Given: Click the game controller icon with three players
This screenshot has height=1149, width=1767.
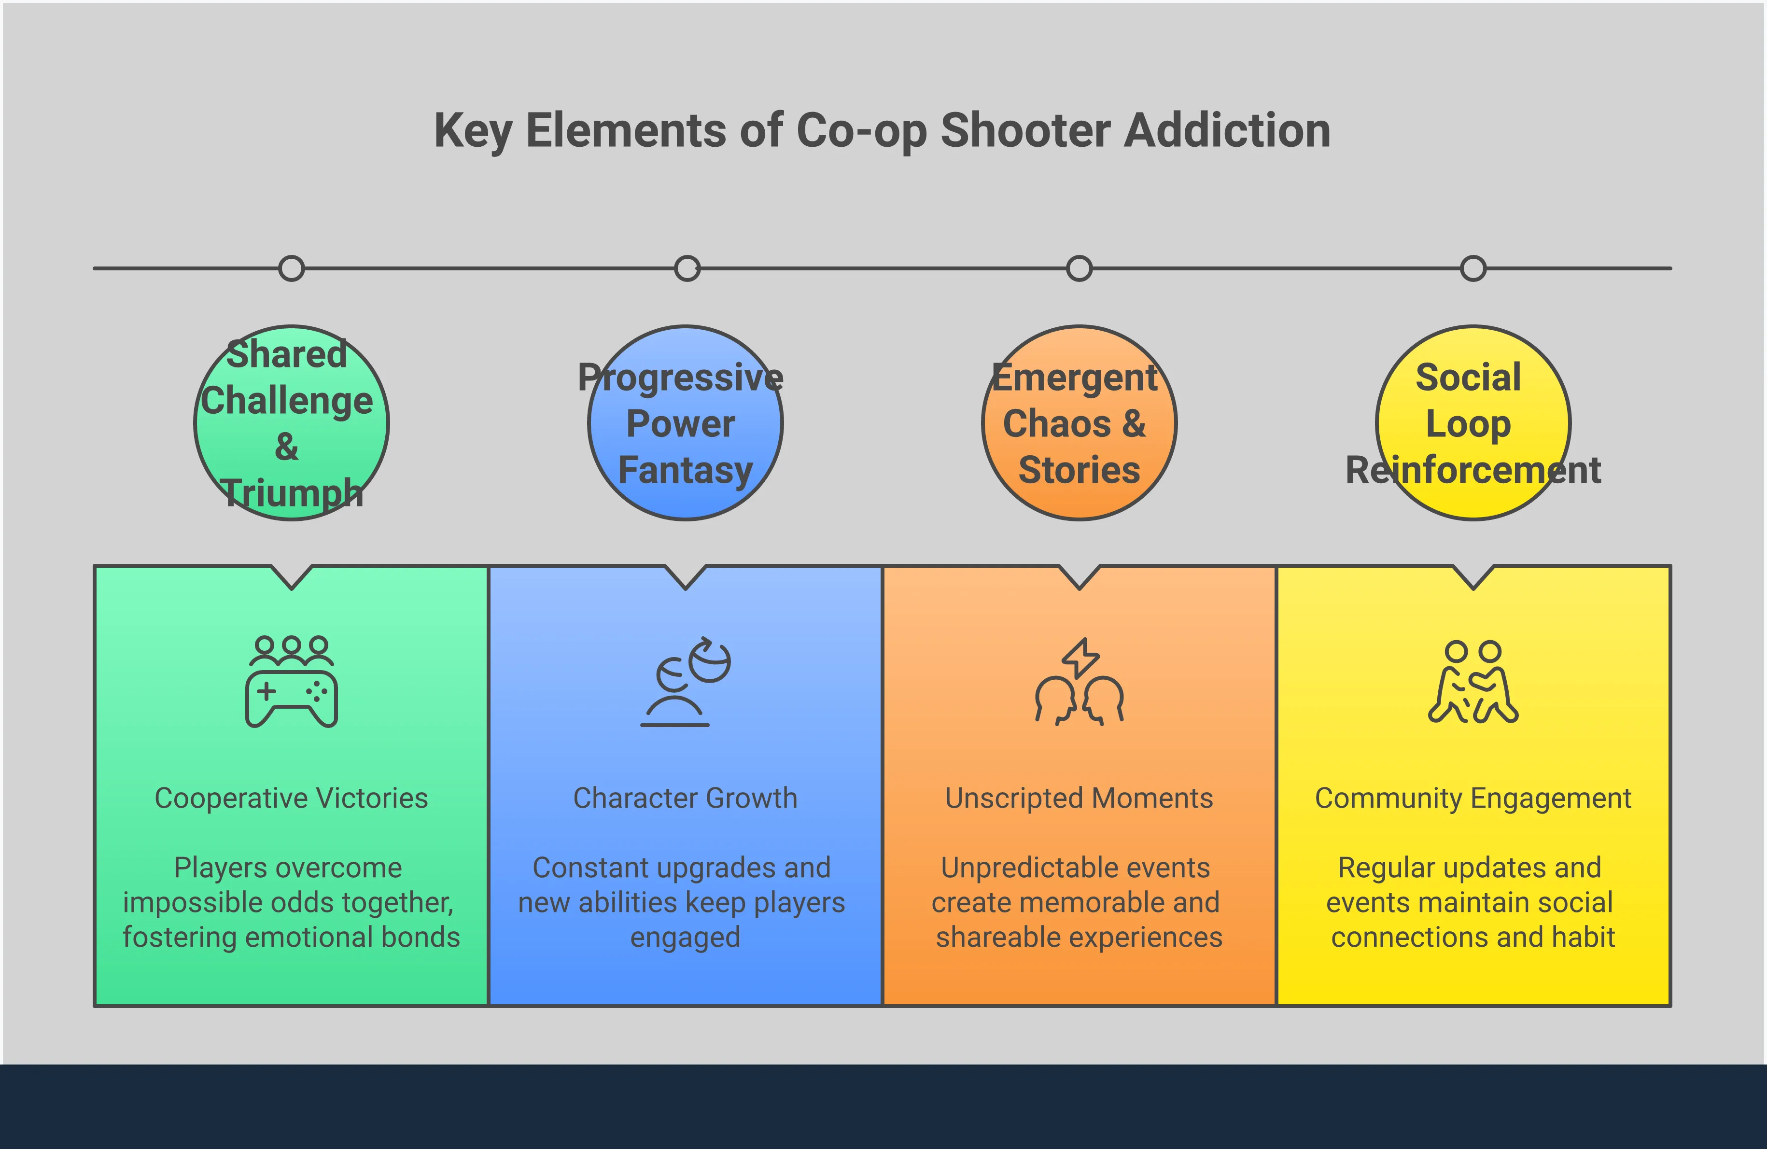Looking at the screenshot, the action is click(292, 681).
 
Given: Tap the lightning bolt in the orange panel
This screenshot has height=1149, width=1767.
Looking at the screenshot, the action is click(1080, 658).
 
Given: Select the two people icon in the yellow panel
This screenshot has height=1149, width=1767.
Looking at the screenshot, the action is click(1473, 681).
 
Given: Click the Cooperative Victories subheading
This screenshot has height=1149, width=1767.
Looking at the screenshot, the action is click(291, 798).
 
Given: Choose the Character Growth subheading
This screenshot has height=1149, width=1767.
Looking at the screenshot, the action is click(685, 798).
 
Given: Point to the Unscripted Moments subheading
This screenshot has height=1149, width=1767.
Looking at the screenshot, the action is click(1079, 798).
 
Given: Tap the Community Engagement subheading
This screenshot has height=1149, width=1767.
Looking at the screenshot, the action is click(1473, 799).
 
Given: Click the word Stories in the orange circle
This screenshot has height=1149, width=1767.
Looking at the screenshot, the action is click(1079, 470).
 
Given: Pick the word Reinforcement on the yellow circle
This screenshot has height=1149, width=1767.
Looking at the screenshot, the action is click(1473, 470).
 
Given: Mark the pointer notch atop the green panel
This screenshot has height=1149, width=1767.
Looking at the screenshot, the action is click(292, 578).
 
